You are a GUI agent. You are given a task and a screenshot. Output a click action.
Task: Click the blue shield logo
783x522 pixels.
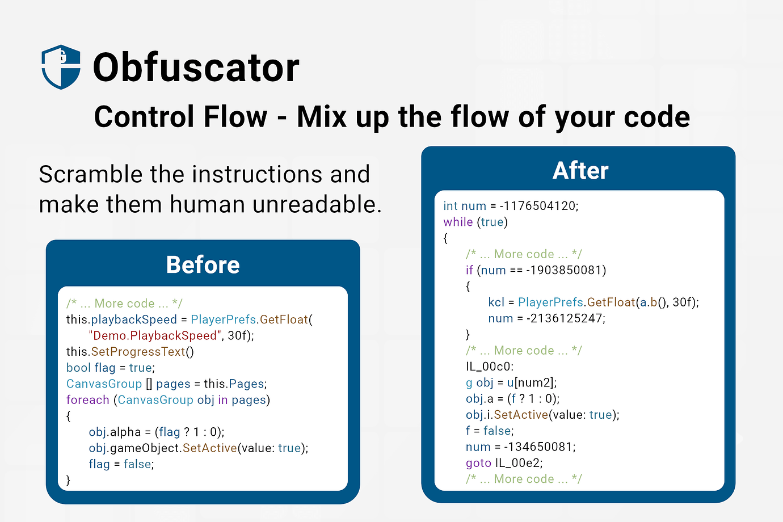tap(61, 67)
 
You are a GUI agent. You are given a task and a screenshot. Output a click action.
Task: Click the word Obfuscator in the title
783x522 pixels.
tap(196, 68)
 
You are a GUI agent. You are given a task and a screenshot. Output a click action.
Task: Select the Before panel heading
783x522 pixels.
tap(203, 265)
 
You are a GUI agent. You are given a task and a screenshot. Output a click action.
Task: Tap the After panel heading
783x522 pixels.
tap(580, 171)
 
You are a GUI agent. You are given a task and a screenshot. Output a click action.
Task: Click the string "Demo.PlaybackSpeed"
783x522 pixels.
tap(153, 336)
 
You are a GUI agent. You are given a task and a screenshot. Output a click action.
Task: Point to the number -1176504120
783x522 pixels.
tap(539, 206)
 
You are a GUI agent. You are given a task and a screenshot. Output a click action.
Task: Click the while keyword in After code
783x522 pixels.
tap(457, 222)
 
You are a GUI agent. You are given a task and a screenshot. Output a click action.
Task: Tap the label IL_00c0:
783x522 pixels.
tap(489, 367)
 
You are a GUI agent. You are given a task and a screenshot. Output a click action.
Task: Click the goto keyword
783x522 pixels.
tap(478, 463)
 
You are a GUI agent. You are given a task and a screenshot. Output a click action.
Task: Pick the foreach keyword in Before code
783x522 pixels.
tap(87, 400)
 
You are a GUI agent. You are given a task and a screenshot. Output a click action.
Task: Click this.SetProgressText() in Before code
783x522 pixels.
tap(130, 352)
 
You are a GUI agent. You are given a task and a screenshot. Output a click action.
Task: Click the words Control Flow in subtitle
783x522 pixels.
tap(180, 117)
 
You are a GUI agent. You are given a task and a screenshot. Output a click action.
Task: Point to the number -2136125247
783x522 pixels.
tap(566, 318)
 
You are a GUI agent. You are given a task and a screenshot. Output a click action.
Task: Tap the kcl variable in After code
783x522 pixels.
tap(496, 302)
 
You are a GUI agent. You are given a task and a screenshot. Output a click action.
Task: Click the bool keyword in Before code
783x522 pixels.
tap(78, 368)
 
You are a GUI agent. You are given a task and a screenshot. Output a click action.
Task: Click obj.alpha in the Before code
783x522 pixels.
tap(115, 432)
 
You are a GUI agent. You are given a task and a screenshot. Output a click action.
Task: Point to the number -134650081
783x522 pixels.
tap(540, 447)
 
